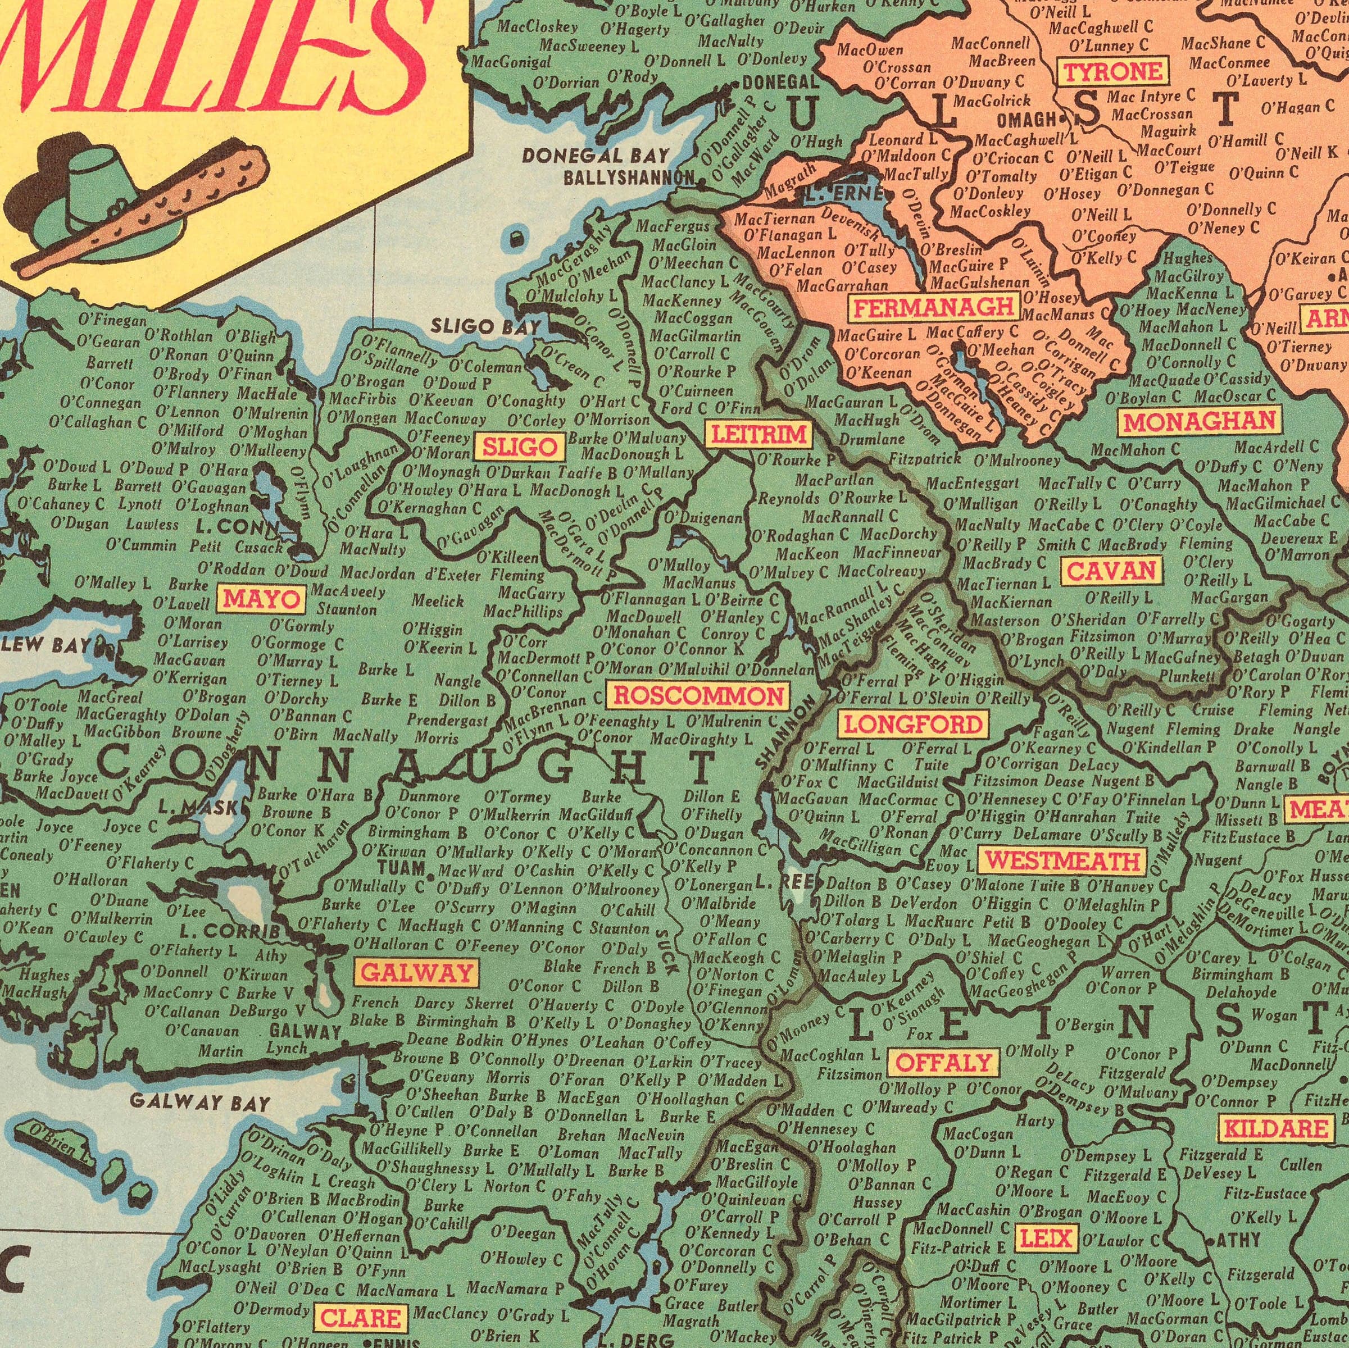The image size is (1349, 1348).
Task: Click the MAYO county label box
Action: pos(264,598)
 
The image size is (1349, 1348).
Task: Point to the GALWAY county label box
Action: pos(417,972)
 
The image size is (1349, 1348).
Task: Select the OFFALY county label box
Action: pos(943,1063)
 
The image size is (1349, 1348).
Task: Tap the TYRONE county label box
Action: pos(1113,71)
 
